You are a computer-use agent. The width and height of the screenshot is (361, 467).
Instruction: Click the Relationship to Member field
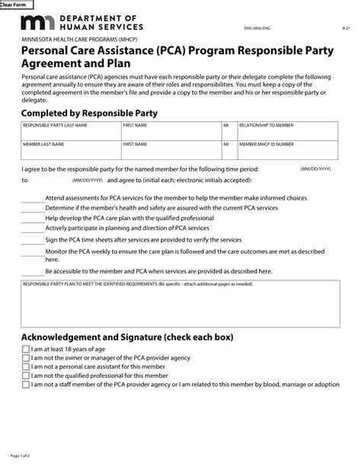pyautogui.click(x=288, y=130)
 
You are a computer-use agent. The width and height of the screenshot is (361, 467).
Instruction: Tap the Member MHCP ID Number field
pyautogui.click(x=288, y=149)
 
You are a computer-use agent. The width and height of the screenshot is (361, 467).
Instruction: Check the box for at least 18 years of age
pyautogui.click(x=25, y=348)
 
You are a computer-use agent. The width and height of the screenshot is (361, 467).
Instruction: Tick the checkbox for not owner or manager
pyautogui.click(x=25, y=357)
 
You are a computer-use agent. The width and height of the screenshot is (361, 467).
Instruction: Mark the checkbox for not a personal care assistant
pyautogui.click(x=25, y=366)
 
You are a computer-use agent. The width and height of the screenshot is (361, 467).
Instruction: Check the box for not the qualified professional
pyautogui.click(x=25, y=376)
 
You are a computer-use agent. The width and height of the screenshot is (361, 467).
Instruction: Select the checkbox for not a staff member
pyautogui.click(x=25, y=385)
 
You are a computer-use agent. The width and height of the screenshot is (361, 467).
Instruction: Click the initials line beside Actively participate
pyautogui.click(x=32, y=229)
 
